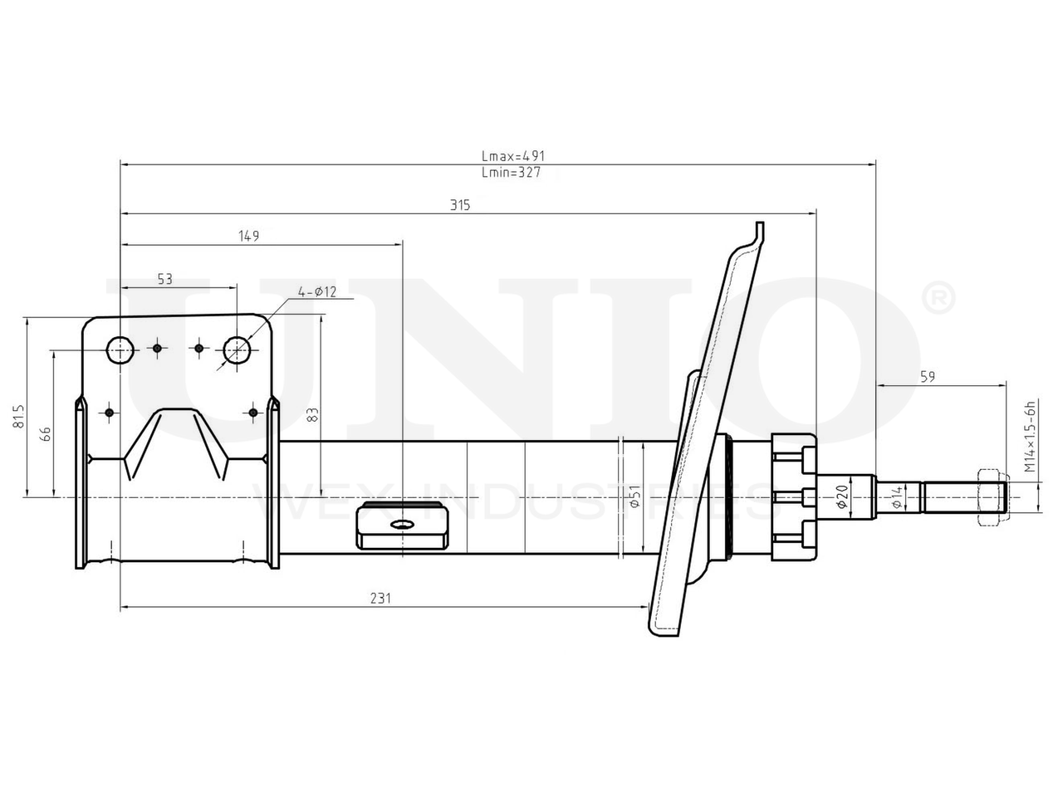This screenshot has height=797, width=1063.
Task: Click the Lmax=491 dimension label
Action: (x=513, y=156)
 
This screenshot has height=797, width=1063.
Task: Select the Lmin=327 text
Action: (x=511, y=173)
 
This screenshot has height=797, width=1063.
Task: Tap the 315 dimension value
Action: (x=460, y=205)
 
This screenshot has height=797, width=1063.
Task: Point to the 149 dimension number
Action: (x=249, y=236)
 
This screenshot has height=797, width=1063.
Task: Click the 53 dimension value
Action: (x=165, y=279)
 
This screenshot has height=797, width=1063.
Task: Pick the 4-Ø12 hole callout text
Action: (x=316, y=291)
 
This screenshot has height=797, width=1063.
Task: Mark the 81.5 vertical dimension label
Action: (x=18, y=416)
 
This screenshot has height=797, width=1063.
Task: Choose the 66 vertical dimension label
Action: (x=46, y=433)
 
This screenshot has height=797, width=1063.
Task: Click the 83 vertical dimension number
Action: (x=313, y=415)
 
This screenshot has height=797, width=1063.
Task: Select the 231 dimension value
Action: (x=380, y=599)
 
